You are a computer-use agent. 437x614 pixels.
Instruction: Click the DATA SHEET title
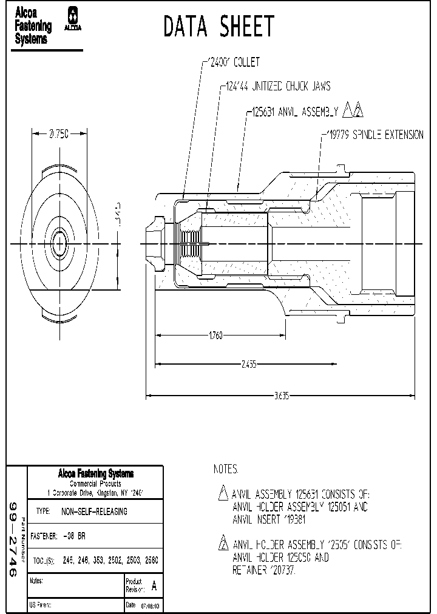pos(219,27)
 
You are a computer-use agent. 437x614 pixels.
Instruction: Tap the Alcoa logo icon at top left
pos(74,19)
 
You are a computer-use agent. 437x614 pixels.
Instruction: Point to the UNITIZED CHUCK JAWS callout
pos(276,87)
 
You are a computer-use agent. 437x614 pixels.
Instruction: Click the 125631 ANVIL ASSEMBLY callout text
pos(293,112)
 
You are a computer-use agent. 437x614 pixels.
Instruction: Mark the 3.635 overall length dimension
pos(281,396)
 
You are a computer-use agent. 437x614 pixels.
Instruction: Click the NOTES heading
pos(226,470)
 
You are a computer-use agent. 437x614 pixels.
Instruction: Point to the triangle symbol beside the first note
pos(223,493)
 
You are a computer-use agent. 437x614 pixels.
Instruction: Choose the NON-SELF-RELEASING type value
pos(94,511)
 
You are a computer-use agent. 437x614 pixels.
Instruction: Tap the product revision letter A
pos(154,586)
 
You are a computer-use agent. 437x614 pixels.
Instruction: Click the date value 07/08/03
pos(151,606)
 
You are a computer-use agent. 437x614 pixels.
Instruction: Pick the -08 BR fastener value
pos(74,536)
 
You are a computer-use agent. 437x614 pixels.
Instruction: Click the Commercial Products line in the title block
pos(95,484)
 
